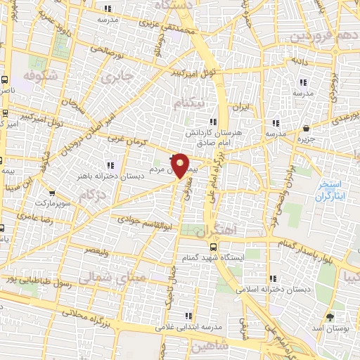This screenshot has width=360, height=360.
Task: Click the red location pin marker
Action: [x=181, y=165]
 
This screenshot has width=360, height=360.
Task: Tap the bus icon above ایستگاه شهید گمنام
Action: [x=213, y=247]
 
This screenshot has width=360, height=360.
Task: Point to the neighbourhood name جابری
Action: [x=117, y=78]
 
